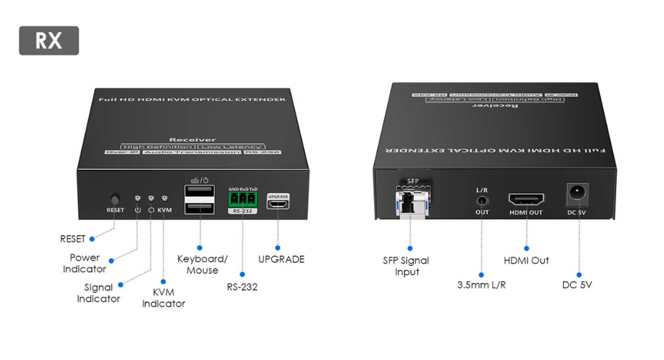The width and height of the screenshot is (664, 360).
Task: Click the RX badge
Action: coord(48,40)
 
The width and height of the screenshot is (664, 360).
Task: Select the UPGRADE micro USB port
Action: coord(278,204)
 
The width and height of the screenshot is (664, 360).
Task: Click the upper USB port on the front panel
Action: coord(200,192)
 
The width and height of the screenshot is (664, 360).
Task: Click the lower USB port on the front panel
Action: coord(200,208)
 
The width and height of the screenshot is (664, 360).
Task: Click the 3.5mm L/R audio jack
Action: coord(482,200)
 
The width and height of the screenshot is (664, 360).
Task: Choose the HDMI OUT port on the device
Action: coord(526,200)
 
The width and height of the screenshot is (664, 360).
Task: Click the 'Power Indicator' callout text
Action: coord(85,263)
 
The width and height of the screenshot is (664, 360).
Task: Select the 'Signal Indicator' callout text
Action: coord(98,293)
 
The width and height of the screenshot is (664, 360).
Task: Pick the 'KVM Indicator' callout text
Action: coord(163,298)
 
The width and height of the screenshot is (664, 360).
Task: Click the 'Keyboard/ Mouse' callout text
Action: coord(202,265)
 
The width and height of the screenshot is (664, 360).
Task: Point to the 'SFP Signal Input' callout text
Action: coord(406,266)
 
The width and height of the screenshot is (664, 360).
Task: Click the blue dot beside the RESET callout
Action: coord(92,239)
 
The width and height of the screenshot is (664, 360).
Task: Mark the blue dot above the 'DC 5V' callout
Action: coord(579,274)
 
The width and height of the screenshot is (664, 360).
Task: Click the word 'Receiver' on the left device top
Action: coord(192,140)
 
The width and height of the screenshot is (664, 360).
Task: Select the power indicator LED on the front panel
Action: coord(137,198)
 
